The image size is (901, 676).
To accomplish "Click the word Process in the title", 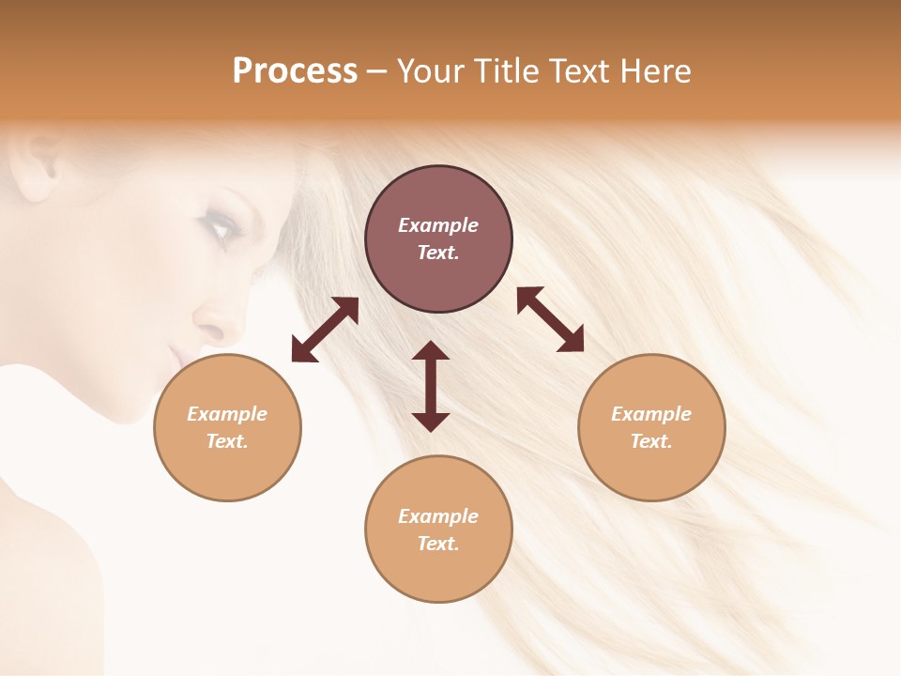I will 295,70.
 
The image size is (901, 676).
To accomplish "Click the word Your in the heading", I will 431,70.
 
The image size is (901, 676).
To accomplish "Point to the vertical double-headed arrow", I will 431,386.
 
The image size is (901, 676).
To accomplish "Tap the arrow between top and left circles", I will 325,330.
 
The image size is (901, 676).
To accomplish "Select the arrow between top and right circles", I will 550,319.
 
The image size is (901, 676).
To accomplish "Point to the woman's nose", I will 211,324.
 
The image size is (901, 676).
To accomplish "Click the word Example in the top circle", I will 438,225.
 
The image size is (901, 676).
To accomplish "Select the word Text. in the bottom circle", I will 438,544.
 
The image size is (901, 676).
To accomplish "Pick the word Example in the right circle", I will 651,414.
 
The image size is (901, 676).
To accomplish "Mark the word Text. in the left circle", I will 227,441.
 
